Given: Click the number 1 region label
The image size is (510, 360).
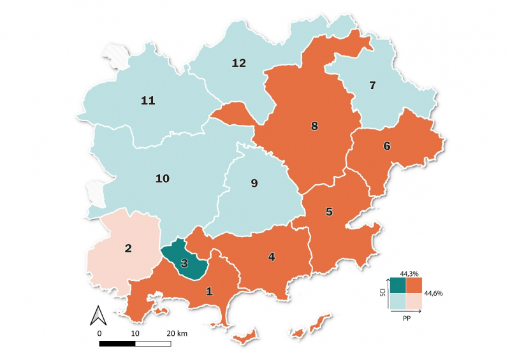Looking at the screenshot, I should pyautogui.click(x=209, y=291).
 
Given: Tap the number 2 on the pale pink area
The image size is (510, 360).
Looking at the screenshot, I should pyautogui.click(x=128, y=248).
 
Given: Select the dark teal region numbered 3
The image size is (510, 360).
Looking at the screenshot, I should pyautogui.click(x=184, y=262).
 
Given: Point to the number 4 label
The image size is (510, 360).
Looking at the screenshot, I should pyautogui.click(x=272, y=257).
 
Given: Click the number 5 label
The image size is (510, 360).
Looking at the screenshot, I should pyautogui.click(x=329, y=212).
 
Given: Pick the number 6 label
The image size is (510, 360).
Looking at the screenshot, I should pyautogui.click(x=386, y=146).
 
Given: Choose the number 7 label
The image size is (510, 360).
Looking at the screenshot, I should pyautogui.click(x=373, y=85).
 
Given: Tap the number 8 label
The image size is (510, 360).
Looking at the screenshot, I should pyautogui.click(x=314, y=126).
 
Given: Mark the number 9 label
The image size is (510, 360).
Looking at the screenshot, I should pyautogui.click(x=254, y=184).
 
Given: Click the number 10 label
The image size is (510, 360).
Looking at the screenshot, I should pyautogui.click(x=163, y=178).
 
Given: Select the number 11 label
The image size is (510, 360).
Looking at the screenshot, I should pyautogui.click(x=148, y=101).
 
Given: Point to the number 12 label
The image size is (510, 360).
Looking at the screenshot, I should pyautogui.click(x=239, y=63).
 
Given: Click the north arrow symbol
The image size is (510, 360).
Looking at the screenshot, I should pyautogui.click(x=98, y=315).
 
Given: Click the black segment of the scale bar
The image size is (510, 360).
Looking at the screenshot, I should pyautogui.click(x=117, y=343).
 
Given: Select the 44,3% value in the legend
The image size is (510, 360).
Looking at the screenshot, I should pyautogui.click(x=409, y=273).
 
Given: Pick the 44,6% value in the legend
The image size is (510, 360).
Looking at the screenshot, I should pyautogui.click(x=433, y=293).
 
